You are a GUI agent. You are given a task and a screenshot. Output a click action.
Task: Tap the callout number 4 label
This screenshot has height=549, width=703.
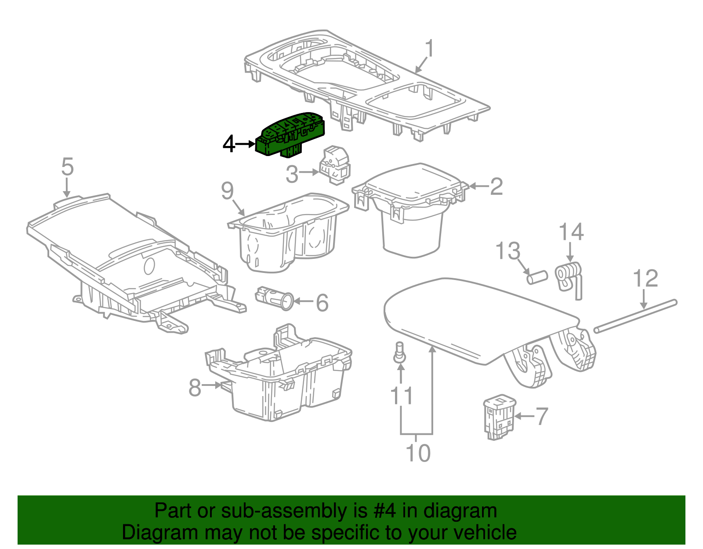[229, 144]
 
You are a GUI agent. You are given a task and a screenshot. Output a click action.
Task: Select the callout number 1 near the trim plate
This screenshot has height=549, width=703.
[429, 49]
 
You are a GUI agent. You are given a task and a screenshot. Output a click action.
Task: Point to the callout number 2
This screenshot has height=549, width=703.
[496, 187]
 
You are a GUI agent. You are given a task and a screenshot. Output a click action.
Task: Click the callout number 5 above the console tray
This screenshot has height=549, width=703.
[67, 167]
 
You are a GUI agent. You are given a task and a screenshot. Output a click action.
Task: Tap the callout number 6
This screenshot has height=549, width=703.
[322, 303]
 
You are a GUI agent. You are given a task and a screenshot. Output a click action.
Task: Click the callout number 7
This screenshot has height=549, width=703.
[542, 416]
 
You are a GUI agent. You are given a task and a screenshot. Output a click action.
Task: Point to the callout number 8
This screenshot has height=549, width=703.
[195, 388]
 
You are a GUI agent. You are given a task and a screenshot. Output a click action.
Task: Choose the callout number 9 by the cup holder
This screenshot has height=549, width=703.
[227, 191]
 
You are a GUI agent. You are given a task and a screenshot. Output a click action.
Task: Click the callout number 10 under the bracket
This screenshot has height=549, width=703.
[418, 453]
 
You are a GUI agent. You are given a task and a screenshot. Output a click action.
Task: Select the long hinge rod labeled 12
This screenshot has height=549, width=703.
[636, 315]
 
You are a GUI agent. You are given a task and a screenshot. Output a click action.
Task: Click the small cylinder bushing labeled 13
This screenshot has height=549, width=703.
[536, 277]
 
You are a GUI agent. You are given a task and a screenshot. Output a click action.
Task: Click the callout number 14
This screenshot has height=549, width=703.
[571, 232]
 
